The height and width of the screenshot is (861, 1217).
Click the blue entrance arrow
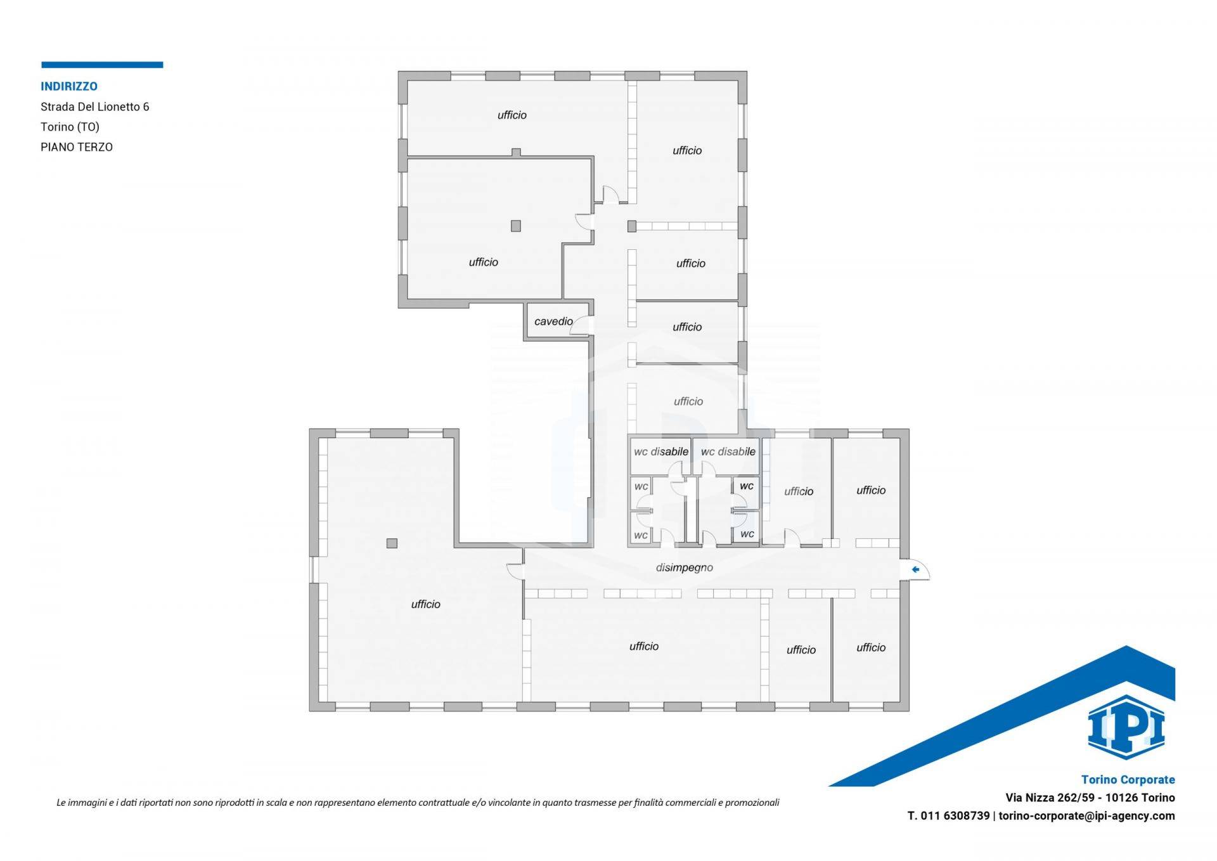[x=915, y=569]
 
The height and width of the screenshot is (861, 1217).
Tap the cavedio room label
[x=553, y=321]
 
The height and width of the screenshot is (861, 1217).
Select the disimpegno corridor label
[x=685, y=568]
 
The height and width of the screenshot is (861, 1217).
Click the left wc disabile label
[x=661, y=452]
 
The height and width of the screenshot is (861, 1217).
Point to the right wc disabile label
[x=728, y=452]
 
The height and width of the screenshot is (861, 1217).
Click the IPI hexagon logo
[x=1126, y=727]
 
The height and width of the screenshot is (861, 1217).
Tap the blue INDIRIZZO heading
[x=69, y=86]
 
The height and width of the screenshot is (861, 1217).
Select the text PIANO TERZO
[x=77, y=147]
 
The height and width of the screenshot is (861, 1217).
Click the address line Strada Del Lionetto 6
[x=95, y=107]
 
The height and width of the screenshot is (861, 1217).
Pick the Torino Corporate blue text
[x=1128, y=780]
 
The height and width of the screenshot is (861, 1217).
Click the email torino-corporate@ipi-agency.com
[x=1087, y=816]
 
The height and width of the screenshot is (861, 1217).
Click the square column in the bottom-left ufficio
[x=392, y=543]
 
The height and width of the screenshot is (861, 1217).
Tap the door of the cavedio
[x=581, y=325]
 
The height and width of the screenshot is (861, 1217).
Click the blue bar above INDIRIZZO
[x=102, y=65]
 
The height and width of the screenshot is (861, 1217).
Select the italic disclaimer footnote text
[x=418, y=803]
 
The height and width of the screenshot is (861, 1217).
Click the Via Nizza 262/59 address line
[x=1090, y=798]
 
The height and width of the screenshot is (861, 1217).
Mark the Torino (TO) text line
[x=70, y=127]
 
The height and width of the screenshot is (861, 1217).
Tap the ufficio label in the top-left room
[x=512, y=115]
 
